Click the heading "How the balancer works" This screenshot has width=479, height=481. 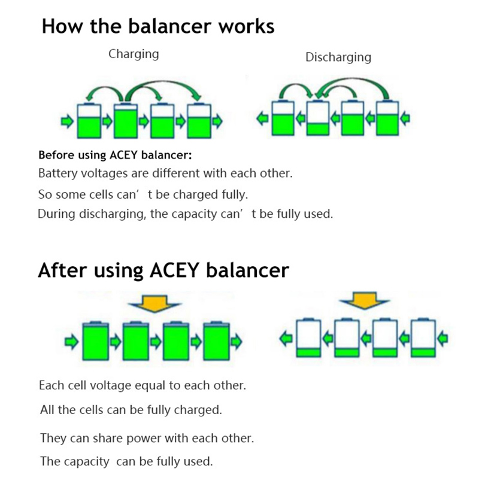tap(158, 27)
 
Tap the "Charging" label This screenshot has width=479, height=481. tap(134, 54)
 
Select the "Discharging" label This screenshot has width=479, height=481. tap(338, 57)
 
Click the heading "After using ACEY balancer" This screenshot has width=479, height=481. tap(163, 270)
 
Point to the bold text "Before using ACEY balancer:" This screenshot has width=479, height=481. tap(115, 156)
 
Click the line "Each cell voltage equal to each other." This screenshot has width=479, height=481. tap(142, 385)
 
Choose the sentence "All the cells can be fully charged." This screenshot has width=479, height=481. tap(131, 410)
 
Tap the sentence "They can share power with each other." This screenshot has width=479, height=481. tap(147, 438)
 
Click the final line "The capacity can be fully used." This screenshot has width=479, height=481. tap(126, 461)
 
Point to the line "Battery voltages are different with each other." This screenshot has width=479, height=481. tap(165, 174)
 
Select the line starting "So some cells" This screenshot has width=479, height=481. tap(143, 195)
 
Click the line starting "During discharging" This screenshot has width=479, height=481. tap(185, 214)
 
